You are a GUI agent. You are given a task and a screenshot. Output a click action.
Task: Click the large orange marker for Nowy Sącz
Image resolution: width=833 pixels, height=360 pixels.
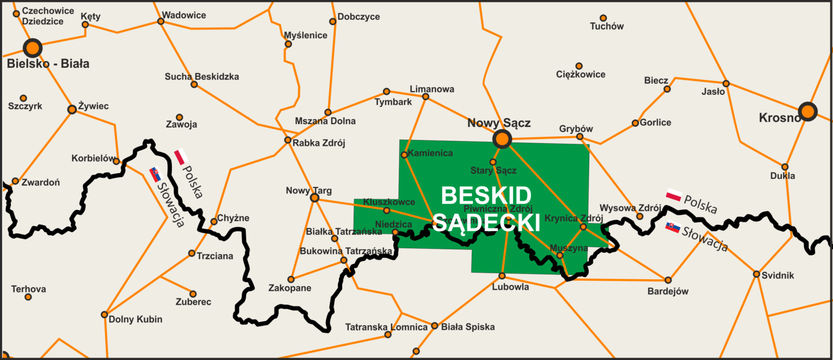click(x=502, y=139)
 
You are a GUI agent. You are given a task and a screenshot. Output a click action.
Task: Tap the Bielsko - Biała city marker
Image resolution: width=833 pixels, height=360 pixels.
click(x=33, y=47)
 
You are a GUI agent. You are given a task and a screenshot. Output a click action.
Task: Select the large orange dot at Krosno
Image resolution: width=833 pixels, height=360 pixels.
click(x=808, y=112)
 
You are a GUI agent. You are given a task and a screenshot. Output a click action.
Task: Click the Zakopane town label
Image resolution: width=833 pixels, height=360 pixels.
click(x=290, y=288)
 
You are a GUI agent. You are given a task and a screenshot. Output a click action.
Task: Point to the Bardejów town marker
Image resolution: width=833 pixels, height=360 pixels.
click(x=668, y=280)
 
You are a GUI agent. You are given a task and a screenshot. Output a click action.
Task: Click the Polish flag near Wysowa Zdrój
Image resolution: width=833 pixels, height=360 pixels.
click(x=674, y=195)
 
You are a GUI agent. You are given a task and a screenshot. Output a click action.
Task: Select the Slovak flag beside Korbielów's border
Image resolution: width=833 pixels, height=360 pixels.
click(x=155, y=173)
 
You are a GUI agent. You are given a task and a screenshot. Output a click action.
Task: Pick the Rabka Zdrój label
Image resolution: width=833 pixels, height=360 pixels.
click(x=319, y=143)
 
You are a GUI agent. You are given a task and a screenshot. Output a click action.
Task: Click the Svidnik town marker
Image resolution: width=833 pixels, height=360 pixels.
click(x=757, y=274)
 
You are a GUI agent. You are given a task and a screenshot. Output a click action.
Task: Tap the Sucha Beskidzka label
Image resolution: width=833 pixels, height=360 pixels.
click(x=202, y=76)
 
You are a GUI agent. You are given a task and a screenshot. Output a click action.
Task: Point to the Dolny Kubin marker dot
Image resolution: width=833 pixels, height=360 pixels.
click(x=104, y=314)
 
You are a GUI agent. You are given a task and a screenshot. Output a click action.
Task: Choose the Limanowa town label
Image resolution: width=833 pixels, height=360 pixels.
click(x=432, y=89)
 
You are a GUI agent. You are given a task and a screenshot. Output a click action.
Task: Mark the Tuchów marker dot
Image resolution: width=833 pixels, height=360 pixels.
click(x=603, y=18)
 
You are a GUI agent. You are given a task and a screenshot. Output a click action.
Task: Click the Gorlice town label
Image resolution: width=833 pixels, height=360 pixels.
click(x=655, y=123)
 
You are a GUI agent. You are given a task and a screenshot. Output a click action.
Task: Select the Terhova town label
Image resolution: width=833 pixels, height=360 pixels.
click(x=28, y=289)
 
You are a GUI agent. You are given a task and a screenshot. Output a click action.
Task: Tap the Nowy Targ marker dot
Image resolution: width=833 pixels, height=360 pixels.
click(x=314, y=198)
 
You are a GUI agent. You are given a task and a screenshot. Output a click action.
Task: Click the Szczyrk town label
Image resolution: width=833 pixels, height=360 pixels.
click(x=25, y=106)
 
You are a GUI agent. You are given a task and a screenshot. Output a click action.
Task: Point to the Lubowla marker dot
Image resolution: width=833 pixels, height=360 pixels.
click(x=502, y=276)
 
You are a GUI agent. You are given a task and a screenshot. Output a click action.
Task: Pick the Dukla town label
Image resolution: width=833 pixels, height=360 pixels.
click(x=783, y=176)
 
